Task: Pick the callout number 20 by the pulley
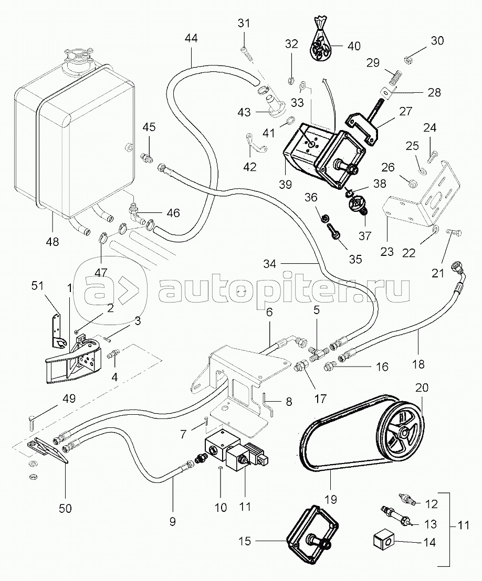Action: pyautogui.click(x=422, y=388)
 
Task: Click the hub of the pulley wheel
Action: pyautogui.click(x=404, y=434)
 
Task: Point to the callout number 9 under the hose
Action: pyautogui.click(x=172, y=521)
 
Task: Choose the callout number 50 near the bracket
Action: pyautogui.click(x=65, y=508)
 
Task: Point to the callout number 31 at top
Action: pyautogui.click(x=244, y=24)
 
